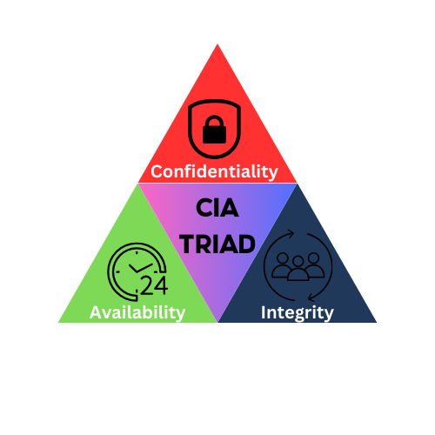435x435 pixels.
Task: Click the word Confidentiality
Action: [x=214, y=171]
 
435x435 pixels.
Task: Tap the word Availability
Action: [x=137, y=312]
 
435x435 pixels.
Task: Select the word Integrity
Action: [x=298, y=312]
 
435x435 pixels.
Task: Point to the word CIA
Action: [x=217, y=208]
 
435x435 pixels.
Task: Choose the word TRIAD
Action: [x=217, y=244]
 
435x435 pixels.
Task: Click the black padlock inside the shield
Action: [x=214, y=130]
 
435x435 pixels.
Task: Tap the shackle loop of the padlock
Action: [x=214, y=121]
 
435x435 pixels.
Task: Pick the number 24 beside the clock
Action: [x=154, y=285]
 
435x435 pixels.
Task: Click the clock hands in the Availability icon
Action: [x=140, y=268]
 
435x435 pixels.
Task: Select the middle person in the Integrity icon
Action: [x=298, y=270]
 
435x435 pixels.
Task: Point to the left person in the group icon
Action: [x=282, y=265]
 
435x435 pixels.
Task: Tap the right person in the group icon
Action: [x=314, y=264]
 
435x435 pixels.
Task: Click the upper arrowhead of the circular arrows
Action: [x=291, y=234]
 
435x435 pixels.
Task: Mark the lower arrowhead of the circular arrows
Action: [x=311, y=298]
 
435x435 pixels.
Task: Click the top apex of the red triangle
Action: [x=217, y=44]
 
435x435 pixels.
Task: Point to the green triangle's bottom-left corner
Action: [x=58, y=322]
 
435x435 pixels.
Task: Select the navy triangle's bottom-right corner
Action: [x=377, y=322]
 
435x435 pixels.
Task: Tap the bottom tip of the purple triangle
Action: [x=217, y=321]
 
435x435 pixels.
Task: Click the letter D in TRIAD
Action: [x=246, y=244]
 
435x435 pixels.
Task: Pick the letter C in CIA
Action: [x=204, y=208]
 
